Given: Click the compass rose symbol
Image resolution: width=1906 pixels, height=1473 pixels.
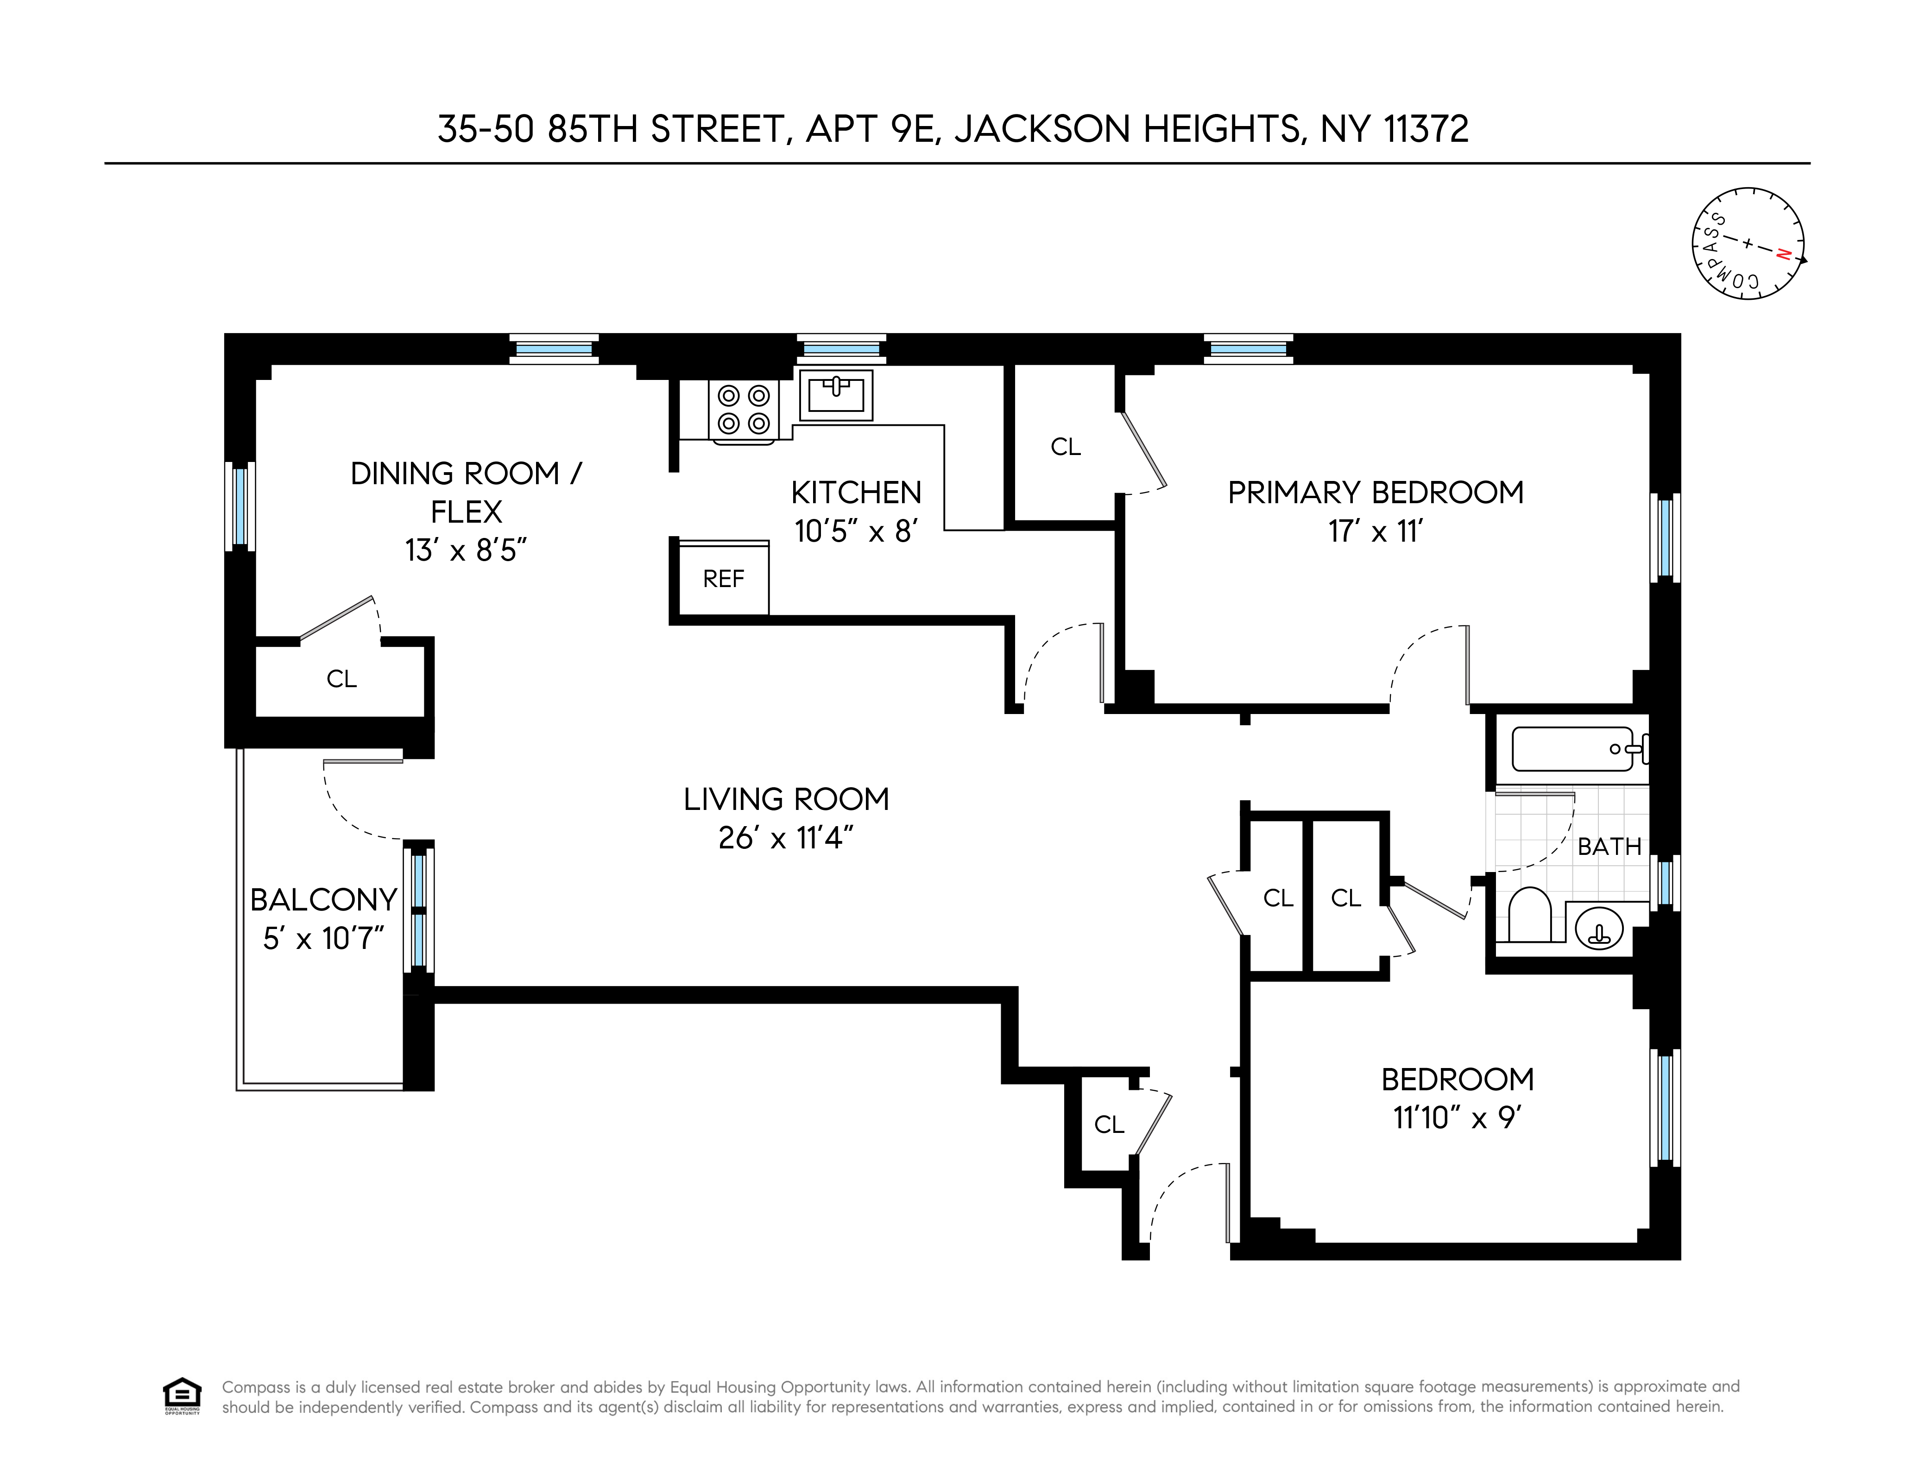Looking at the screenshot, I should [1748, 243].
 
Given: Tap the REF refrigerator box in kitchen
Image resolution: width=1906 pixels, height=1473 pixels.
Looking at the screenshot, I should [724, 579].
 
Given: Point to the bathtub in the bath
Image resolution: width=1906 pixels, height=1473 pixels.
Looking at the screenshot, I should [1572, 749].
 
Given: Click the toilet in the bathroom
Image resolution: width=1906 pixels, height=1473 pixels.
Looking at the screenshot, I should [1529, 915].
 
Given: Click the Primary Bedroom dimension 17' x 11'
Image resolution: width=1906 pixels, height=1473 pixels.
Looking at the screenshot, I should [1376, 531].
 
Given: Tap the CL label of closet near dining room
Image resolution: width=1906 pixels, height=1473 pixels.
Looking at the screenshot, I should [341, 679].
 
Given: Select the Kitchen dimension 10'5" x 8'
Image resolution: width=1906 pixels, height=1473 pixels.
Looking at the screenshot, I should [855, 531].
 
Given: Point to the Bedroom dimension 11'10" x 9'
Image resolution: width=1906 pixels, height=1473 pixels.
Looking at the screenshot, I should [1457, 1118].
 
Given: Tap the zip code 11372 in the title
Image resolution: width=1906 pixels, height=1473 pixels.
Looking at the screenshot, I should [1426, 129].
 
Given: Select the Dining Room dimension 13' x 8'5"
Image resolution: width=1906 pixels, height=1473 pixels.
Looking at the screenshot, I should [466, 550].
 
